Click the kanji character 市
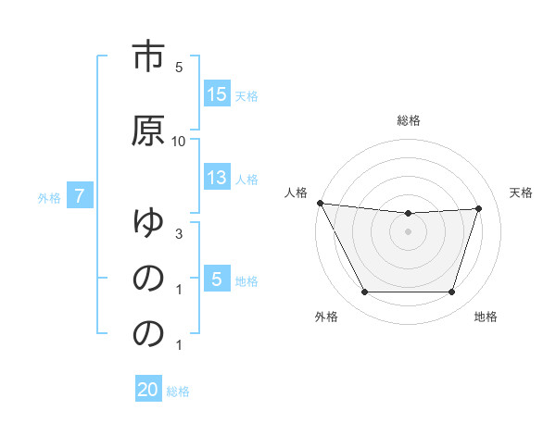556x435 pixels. (x=148, y=57)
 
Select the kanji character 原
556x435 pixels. (x=148, y=130)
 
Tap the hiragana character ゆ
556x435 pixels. (x=148, y=223)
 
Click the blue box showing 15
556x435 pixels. (x=217, y=93)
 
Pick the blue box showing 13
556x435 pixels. (x=217, y=179)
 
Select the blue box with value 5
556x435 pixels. (x=217, y=279)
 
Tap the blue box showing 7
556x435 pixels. (x=81, y=196)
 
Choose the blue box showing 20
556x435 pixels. (x=148, y=390)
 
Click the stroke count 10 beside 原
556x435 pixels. (x=179, y=141)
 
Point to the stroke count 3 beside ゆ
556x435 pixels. (x=179, y=234)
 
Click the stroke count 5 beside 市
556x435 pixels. (x=179, y=68)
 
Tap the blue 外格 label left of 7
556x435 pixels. (x=49, y=197)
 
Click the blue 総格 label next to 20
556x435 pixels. (x=178, y=391)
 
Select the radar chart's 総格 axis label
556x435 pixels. (x=408, y=120)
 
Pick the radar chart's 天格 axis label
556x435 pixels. (x=522, y=193)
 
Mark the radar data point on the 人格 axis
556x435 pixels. (x=320, y=203)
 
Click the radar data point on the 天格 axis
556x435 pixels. (x=479, y=208)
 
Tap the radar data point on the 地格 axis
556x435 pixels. (x=452, y=292)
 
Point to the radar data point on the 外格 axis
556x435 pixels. (x=364, y=292)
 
